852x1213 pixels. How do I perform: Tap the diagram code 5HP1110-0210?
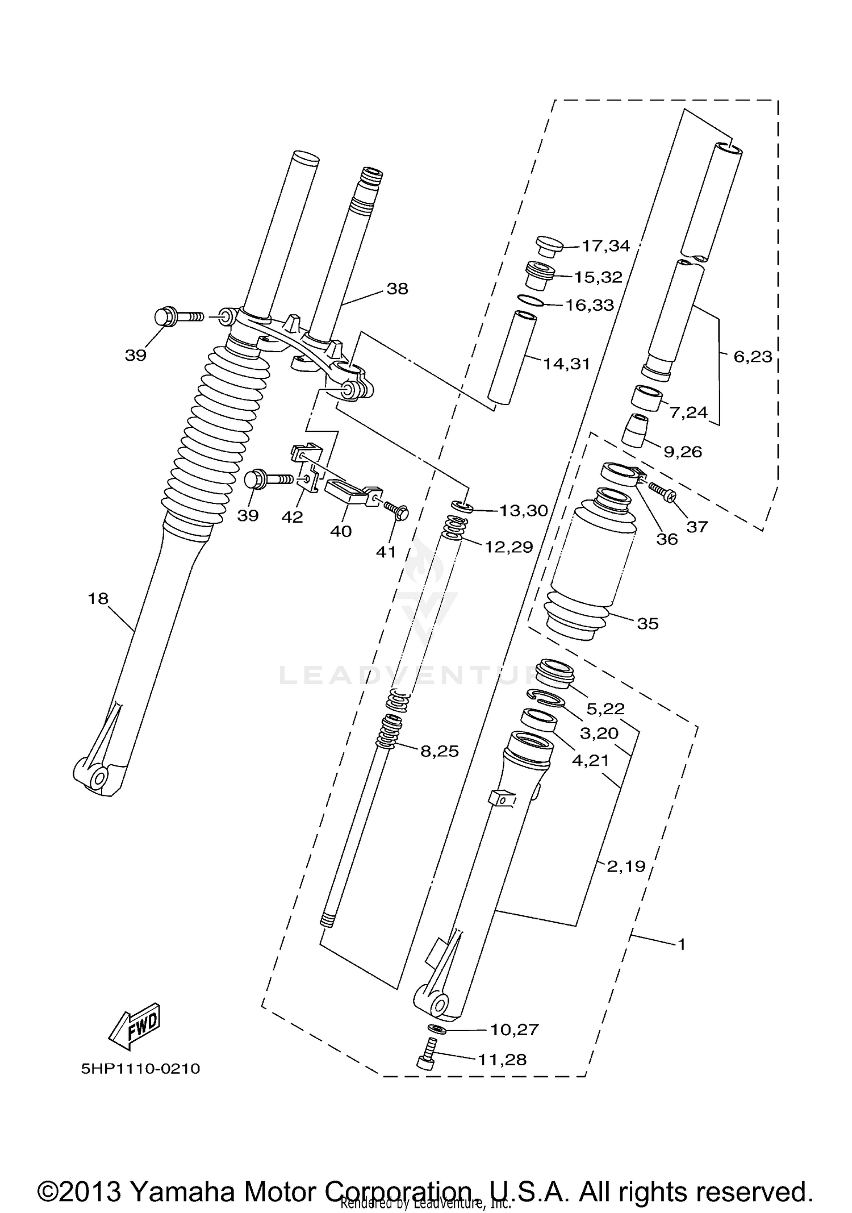coord(140,1069)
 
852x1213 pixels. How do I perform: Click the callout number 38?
coord(397,289)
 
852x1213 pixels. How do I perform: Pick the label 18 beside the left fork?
coord(98,598)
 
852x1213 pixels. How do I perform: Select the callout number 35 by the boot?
coord(648,623)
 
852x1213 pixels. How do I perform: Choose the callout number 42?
coord(293,517)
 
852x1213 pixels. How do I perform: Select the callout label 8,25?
coord(439,751)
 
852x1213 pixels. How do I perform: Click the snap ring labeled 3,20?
coord(545,697)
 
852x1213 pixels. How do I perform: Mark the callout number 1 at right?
coord(682,944)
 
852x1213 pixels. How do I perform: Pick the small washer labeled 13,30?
coord(460,505)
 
